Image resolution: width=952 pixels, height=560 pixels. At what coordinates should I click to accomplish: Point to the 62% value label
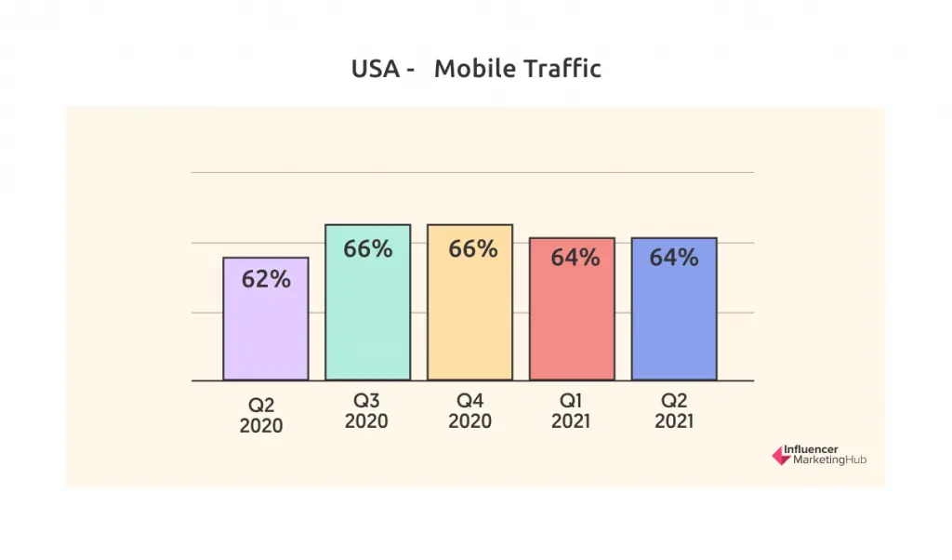pyautogui.click(x=266, y=278)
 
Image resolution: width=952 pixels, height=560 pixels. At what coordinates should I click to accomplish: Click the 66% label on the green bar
pyautogui.click(x=368, y=249)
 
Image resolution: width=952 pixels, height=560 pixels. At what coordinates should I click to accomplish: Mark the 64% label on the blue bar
pyautogui.click(x=674, y=258)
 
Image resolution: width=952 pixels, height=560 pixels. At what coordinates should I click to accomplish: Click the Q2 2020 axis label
pyautogui.click(x=261, y=416)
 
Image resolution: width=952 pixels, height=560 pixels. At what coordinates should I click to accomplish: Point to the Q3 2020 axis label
pyautogui.click(x=366, y=411)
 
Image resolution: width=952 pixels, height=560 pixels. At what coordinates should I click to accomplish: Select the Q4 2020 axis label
pyautogui.click(x=469, y=411)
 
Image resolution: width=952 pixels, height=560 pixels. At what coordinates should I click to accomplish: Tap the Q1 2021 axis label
pyautogui.click(x=572, y=411)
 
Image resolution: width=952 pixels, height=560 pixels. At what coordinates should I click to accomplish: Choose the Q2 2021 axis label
pyautogui.click(x=674, y=411)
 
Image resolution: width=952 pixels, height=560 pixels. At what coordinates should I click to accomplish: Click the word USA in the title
pyautogui.click(x=376, y=69)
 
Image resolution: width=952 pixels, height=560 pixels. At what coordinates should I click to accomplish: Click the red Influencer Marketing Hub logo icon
pyautogui.click(x=780, y=455)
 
